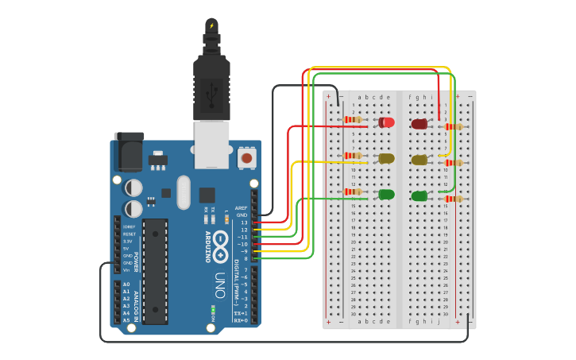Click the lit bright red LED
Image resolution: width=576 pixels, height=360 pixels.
pos(386,122)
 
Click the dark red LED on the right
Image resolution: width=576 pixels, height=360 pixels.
pos(419,124)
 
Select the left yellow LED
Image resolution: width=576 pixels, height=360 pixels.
pos(386,158)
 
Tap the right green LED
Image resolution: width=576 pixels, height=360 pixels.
pos(419,195)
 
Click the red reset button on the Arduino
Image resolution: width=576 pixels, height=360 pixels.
pos(246,158)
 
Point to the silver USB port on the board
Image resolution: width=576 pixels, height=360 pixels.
pos(211,145)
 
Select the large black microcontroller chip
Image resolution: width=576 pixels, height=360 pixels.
pos(155,270)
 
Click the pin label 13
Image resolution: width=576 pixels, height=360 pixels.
pos(244,223)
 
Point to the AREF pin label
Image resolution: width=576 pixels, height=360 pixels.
pos(242,208)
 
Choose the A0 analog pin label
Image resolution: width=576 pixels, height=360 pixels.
pos(126,285)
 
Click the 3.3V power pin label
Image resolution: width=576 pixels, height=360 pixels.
pos(128,242)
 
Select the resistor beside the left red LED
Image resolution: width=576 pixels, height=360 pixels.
pos(352,120)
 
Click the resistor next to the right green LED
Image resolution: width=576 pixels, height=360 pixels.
pos(453,198)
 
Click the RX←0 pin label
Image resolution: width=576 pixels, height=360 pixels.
pos(240,321)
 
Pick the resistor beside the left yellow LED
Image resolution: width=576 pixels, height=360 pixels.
pos(352,156)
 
